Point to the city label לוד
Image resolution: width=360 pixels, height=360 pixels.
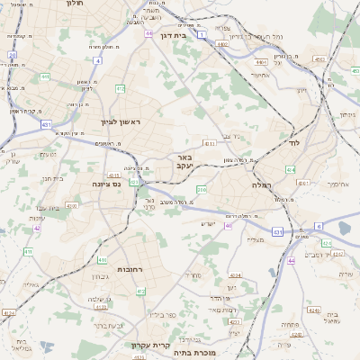click(x=293, y=143)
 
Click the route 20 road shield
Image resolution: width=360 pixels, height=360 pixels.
click(x=13, y=55)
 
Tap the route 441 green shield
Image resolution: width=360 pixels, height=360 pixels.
click(x=45, y=77)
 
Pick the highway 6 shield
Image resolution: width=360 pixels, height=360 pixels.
click(x=318, y=226)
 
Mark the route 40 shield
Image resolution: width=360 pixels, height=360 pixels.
click(x=229, y=226)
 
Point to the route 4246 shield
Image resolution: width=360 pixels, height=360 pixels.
click(x=312, y=310)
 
